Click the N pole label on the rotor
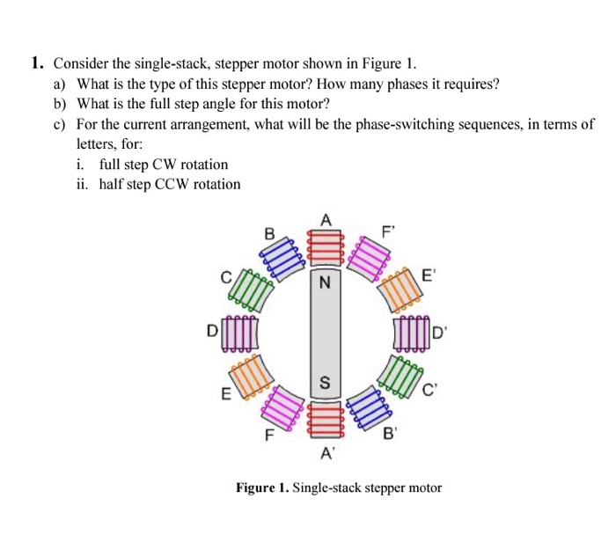click(324, 283)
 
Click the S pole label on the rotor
click(324, 383)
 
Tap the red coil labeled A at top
click(324, 246)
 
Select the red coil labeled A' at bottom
click(324, 420)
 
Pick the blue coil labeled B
click(279, 258)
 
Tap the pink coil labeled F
click(280, 407)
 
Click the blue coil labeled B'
click(368, 407)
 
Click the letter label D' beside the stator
click(440, 333)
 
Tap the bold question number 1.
click(36, 63)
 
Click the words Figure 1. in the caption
click(260, 487)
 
